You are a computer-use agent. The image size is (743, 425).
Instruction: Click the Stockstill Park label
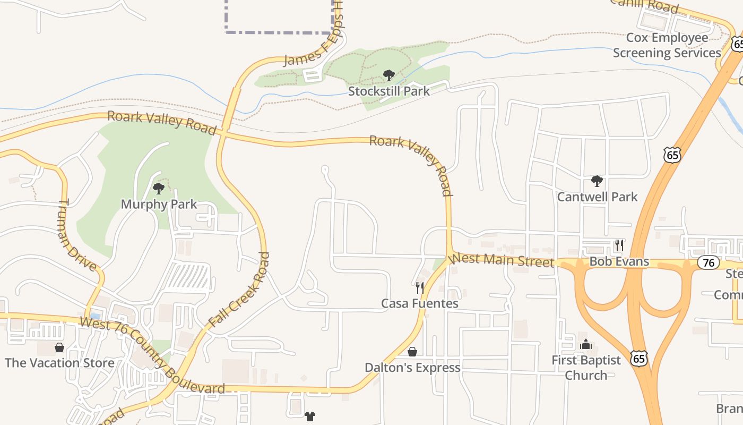388,91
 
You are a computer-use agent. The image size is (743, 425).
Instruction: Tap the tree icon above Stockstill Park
388,75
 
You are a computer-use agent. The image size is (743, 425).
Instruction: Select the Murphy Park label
159,204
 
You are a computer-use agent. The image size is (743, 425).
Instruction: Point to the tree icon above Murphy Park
158,188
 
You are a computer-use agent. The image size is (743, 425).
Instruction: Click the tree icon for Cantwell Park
597,181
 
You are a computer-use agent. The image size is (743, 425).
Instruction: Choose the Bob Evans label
619,261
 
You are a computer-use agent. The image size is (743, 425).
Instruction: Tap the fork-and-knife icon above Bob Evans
619,245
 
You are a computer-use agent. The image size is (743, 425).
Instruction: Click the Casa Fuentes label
419,303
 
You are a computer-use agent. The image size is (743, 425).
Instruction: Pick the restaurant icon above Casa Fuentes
419,288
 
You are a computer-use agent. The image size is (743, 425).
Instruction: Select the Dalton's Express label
412,367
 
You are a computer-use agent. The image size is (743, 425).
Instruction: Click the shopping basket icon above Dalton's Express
412,352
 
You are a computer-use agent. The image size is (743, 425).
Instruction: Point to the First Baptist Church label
586,368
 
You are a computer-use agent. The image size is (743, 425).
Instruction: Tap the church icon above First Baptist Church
586,345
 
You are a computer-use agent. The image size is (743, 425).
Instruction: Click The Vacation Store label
59,363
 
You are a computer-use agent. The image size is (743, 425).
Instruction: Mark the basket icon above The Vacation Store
59,347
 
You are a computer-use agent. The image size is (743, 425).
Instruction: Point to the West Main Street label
502,260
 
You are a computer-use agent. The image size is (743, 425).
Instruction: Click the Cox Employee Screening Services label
667,45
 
